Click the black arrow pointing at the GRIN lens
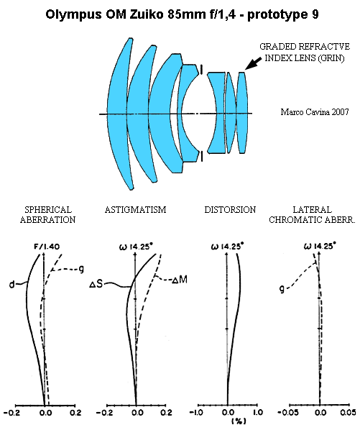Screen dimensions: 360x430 tap(253, 63)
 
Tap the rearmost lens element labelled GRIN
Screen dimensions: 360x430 tap(242, 113)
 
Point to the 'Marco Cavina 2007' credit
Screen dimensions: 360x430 tap(315, 112)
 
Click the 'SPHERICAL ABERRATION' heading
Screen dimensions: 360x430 tap(47, 214)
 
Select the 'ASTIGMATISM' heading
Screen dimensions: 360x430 tap(135, 210)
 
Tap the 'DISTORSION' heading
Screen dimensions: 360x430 tap(230, 210)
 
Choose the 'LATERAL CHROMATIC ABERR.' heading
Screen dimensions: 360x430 tap(312, 214)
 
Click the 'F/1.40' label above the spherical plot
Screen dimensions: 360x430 tap(47, 247)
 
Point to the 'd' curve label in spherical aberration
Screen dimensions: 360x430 tap(11, 285)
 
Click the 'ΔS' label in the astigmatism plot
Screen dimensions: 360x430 tap(96, 284)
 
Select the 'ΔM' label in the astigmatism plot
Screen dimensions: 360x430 tap(180, 280)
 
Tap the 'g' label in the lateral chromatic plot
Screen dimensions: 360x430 tap(282, 289)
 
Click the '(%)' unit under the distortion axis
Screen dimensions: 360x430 tap(239, 421)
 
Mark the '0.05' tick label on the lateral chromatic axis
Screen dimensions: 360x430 tap(348, 412)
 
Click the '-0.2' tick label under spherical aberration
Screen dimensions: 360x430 tap(12, 412)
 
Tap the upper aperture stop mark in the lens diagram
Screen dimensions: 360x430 tap(202, 70)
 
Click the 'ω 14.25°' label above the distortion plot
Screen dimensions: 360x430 tap(227, 246)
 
